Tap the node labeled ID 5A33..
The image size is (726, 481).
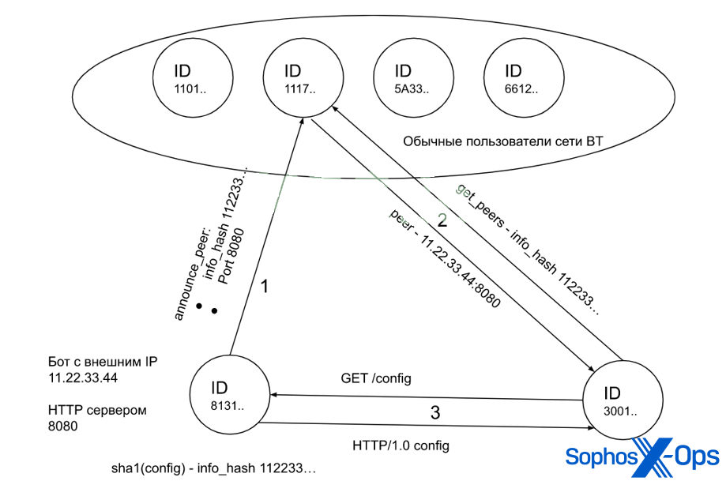coord(406,80)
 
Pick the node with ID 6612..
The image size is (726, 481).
coord(516,80)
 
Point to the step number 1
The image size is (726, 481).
coord(265,287)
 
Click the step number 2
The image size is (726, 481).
coord(442,221)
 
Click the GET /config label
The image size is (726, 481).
coord(375,379)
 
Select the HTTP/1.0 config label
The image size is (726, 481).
coord(401,445)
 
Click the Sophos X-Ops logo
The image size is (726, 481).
coord(641,456)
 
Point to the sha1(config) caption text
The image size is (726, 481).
coord(213,469)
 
